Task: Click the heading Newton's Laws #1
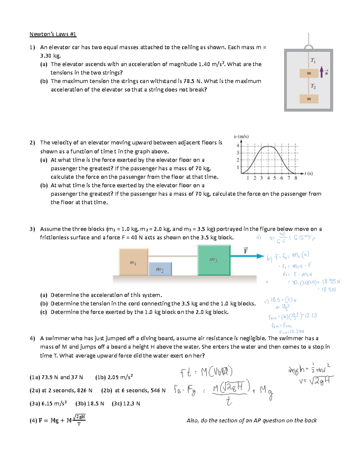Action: pyautogui.click(x=53, y=34)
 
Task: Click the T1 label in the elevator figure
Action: pyautogui.click(x=313, y=60)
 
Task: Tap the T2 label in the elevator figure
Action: pyautogui.click(x=313, y=86)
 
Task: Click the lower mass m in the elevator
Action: pyautogui.click(x=309, y=99)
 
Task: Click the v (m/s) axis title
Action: pyautogui.click(x=241, y=137)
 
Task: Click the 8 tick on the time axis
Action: pyautogui.click(x=296, y=178)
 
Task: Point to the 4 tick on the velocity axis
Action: pyautogui.click(x=238, y=146)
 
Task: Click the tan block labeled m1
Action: pyautogui.click(x=133, y=262)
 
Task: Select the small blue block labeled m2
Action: pyautogui.click(x=160, y=269)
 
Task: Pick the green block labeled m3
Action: pyautogui.click(x=214, y=260)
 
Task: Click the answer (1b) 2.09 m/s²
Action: pyautogui.click(x=114, y=377)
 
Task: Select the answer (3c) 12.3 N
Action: pyautogui.click(x=126, y=404)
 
